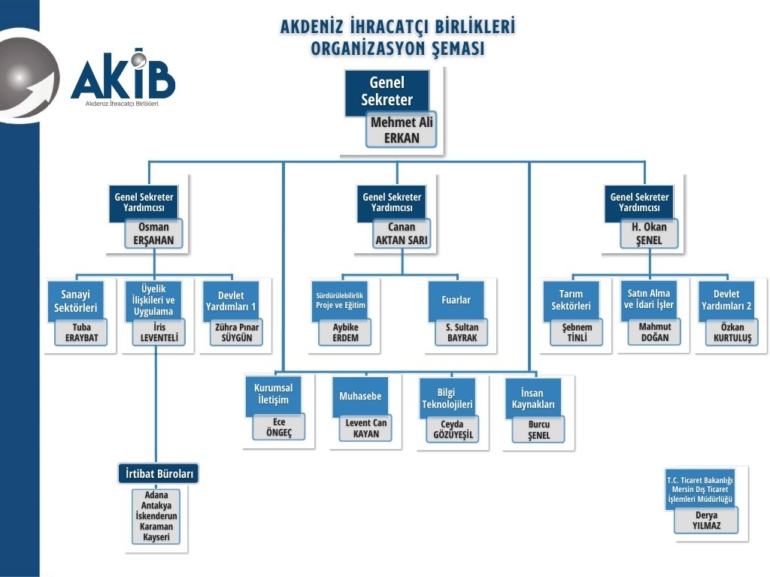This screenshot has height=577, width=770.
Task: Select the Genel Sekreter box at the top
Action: [x=387, y=92]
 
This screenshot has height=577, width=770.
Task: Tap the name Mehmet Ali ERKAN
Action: [x=402, y=130]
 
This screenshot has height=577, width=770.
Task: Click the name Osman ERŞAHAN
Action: [x=154, y=234]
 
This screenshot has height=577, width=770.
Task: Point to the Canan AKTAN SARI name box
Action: [x=402, y=234]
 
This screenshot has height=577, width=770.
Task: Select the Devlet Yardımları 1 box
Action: [x=232, y=300]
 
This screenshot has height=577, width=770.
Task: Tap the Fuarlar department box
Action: [x=456, y=300]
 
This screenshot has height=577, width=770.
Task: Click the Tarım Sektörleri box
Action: [x=571, y=300]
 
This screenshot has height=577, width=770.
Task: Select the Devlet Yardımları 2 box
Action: [x=726, y=300]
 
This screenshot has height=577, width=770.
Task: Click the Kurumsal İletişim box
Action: [x=273, y=393]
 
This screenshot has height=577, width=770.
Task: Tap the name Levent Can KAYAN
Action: [x=366, y=428]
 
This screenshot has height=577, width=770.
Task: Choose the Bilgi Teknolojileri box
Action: [x=447, y=397]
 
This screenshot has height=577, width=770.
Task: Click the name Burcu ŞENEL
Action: [x=538, y=430]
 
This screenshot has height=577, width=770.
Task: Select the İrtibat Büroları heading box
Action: [x=159, y=474]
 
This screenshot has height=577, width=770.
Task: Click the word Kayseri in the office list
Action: [x=156, y=537]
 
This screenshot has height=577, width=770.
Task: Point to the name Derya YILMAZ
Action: [x=706, y=521]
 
